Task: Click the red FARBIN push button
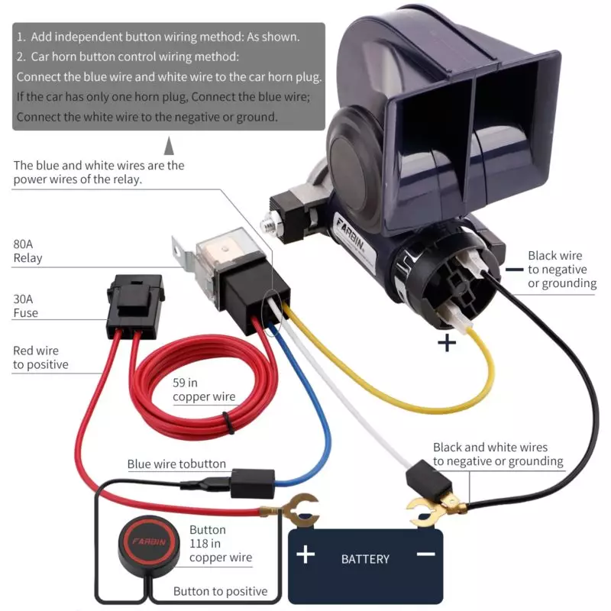[149, 541]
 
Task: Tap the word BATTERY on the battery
[365, 559]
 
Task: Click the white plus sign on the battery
[305, 554]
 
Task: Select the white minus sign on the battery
[426, 554]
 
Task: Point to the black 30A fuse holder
[135, 306]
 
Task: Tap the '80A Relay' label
[27, 251]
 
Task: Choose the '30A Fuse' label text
[26, 306]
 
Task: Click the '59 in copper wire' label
[204, 390]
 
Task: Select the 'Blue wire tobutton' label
[176, 464]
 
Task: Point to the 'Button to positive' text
[220, 591]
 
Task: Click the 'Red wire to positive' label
[40, 357]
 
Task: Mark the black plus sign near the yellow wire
[447, 343]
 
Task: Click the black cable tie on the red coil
[228, 423]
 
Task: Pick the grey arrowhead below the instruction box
[169, 145]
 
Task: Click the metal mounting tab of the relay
[183, 254]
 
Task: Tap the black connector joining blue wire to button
[253, 483]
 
